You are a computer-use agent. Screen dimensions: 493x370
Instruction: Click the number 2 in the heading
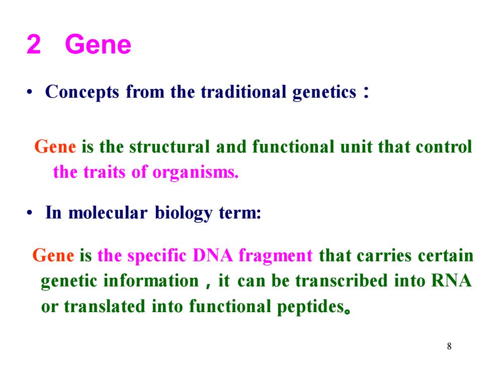34,44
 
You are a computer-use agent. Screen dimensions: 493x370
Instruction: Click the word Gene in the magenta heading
98,44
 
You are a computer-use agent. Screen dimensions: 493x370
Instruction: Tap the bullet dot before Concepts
29,93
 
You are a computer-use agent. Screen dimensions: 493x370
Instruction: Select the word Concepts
82,93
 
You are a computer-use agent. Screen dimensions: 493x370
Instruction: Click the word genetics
324,93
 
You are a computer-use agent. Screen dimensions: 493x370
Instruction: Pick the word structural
169,147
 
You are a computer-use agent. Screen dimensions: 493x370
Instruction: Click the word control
444,146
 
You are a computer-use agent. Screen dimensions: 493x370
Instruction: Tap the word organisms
195,172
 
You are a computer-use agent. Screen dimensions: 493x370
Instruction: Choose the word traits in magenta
105,172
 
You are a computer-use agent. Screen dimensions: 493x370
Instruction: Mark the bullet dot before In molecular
29,213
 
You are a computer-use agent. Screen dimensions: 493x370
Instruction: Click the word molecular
108,212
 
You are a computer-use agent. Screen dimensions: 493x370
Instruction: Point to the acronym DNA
212,255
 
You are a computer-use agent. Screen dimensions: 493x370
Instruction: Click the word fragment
276,256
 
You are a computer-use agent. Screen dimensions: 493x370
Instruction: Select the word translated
105,306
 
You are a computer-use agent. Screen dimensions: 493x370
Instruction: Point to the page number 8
449,346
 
